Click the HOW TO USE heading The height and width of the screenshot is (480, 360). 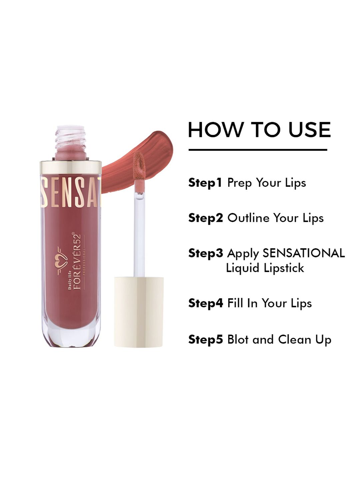tap(259, 130)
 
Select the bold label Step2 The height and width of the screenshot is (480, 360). tap(205, 218)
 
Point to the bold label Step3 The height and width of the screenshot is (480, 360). tap(205, 253)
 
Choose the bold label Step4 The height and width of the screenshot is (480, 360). tap(205, 303)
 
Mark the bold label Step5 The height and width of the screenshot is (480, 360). tap(205, 340)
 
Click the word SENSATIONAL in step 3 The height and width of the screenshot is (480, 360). tap(304, 253)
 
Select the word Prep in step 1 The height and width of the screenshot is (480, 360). tap(240, 183)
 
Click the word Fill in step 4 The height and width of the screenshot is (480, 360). tap(235, 303)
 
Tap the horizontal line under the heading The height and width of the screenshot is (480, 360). tap(258, 150)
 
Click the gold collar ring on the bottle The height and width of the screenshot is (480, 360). tap(71, 167)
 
